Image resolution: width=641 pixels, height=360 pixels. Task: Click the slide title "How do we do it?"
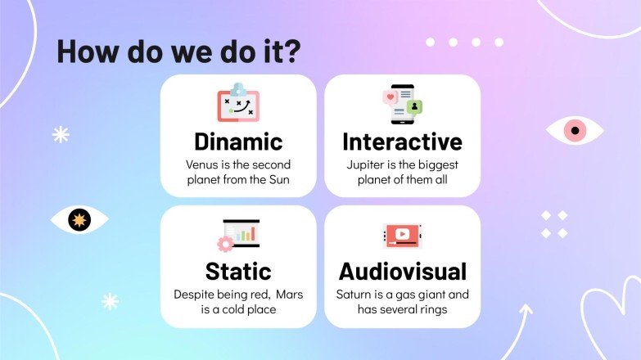[x=178, y=51]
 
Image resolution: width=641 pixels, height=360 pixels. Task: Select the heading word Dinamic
[x=238, y=141]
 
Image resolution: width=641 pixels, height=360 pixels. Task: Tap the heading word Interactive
[x=402, y=141]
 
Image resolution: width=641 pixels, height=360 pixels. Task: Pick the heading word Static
[x=238, y=271]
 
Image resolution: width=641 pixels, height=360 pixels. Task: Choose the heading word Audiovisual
[x=402, y=271]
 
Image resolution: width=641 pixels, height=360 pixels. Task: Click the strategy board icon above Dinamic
[x=237, y=102]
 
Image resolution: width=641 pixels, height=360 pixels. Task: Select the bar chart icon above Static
[x=238, y=234]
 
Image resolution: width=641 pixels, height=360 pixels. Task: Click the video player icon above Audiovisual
[x=402, y=236]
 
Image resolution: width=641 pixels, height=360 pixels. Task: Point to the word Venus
[x=201, y=164]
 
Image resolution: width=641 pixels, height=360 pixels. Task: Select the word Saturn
[x=354, y=294]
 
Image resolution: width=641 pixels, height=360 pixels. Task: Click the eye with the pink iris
[x=575, y=130]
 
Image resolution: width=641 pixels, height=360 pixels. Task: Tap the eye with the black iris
[x=79, y=219]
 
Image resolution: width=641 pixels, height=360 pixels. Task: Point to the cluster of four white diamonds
[x=554, y=224]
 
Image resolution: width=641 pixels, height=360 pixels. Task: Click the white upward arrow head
[x=526, y=310]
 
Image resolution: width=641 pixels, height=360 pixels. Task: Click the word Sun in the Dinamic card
[x=280, y=179]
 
